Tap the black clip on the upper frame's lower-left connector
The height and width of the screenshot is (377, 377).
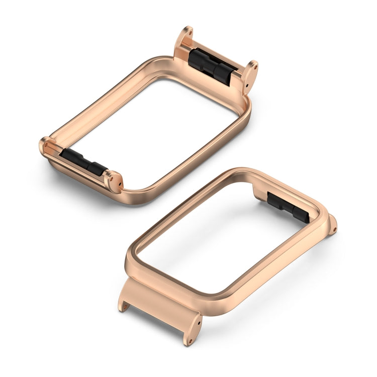coord(82,162)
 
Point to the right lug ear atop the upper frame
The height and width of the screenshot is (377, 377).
coord(250,74)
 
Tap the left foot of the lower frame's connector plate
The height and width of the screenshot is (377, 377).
coord(123,305)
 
